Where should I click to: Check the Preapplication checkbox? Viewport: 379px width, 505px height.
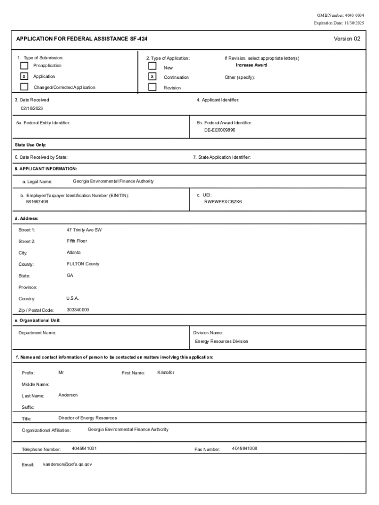(24, 65)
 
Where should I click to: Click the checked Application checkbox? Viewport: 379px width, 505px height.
(24, 76)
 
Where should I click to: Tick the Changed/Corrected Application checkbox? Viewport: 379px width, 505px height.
(24, 87)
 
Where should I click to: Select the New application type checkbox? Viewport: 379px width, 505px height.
(153, 66)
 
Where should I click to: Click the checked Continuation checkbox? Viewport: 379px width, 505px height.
(153, 77)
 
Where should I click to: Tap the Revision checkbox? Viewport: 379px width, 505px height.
(153, 88)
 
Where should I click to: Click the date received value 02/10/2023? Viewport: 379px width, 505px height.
(32, 108)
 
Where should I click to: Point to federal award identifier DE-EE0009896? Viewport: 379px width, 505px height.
(220, 130)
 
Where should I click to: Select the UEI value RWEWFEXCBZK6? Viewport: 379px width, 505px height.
(223, 202)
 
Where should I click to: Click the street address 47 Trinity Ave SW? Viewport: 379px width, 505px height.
(84, 230)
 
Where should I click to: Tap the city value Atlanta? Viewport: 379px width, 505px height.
(74, 252)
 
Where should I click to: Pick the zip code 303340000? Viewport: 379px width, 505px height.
(78, 310)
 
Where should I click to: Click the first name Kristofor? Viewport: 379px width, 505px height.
(166, 372)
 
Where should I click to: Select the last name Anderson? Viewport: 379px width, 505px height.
(68, 395)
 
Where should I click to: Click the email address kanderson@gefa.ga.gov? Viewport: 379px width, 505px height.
(67, 465)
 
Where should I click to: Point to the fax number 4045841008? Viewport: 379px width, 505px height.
(245, 449)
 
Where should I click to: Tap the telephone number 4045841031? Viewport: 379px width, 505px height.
(84, 449)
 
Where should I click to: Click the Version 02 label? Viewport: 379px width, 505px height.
(347, 38)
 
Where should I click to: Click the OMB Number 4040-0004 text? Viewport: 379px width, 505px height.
(341, 16)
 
